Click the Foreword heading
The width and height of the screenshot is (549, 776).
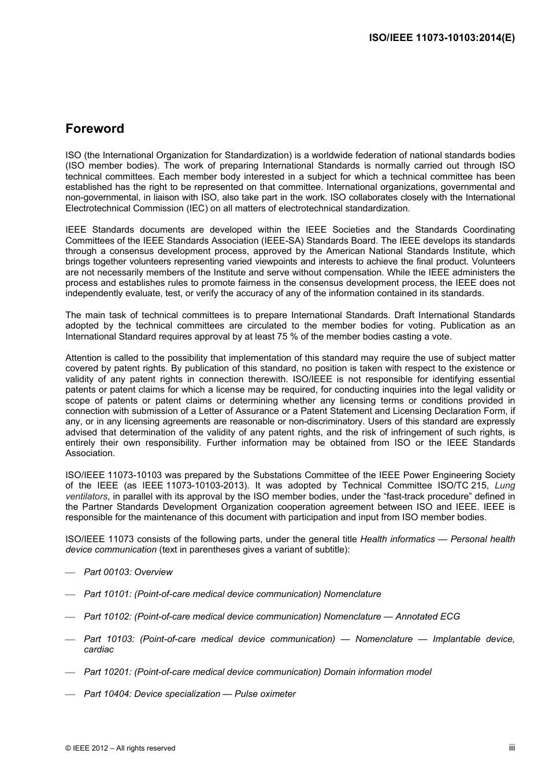[x=94, y=129]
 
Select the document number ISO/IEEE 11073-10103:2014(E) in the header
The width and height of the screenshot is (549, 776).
[x=442, y=38]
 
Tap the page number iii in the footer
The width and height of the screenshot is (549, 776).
[x=511, y=747]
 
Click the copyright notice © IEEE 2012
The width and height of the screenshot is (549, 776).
[x=120, y=748]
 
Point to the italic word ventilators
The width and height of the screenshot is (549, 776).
[x=87, y=497]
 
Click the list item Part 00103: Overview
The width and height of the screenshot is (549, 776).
[x=128, y=572]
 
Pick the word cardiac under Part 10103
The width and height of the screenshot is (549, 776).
[x=99, y=650]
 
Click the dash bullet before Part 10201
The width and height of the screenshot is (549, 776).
[x=71, y=673]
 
